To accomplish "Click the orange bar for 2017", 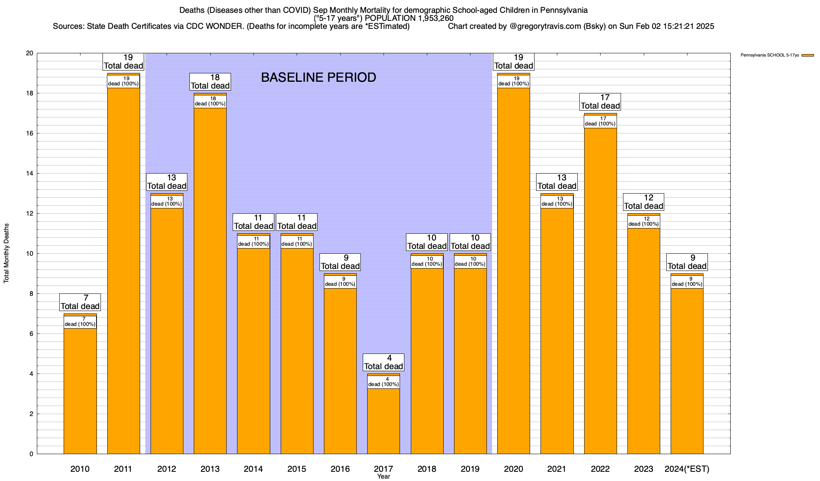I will coord(383,421).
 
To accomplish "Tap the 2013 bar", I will coord(210,281).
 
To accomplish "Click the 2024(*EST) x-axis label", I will coord(687,469).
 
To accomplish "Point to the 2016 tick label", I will coord(340,469).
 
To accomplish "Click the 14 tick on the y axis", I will coord(30,174).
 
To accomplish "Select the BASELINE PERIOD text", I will coord(318,77).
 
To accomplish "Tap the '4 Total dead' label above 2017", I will coord(384,362).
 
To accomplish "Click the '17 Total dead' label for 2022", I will coord(600,102).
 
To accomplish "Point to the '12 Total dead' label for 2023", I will coord(643,202).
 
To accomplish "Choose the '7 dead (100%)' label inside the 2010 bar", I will coord(80,322).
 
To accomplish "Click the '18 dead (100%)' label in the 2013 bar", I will coord(210,101).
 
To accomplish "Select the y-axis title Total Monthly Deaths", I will coord(6,253).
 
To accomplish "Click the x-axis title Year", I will coord(383,477).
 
